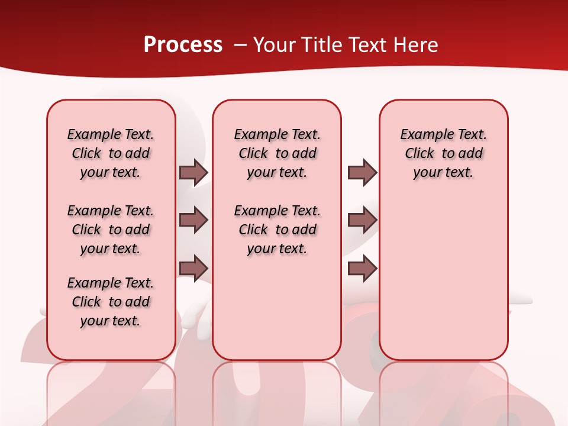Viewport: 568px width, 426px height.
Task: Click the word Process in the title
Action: point(183,45)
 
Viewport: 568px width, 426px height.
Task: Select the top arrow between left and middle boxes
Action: point(193,172)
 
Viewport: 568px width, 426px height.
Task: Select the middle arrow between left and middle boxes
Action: point(193,220)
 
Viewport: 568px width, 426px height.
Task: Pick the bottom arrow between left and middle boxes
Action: point(193,268)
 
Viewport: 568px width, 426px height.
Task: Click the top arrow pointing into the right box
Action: point(362,172)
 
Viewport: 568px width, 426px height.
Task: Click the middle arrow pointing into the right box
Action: point(362,220)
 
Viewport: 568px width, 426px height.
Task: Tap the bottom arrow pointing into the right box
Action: point(362,268)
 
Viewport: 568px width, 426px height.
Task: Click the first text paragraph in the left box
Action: point(111,153)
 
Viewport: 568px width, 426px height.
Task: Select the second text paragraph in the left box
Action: point(111,230)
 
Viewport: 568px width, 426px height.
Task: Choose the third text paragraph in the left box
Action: point(111,302)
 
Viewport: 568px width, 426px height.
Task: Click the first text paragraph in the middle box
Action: point(277,153)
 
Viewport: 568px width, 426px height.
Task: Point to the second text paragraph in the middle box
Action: point(277,230)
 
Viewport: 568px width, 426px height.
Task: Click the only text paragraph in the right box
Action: point(443,153)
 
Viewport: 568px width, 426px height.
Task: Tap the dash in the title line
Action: point(240,45)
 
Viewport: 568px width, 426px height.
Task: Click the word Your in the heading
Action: point(274,45)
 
